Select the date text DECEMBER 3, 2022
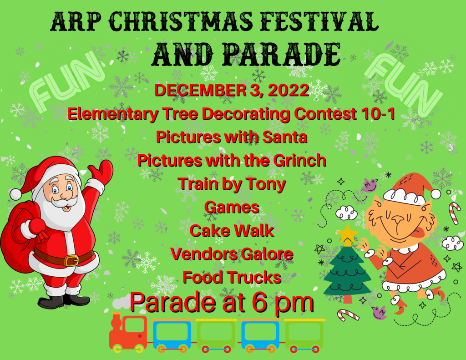pyautogui.click(x=232, y=90)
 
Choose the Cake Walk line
pyautogui.click(x=232, y=230)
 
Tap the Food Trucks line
pyautogui.click(x=232, y=277)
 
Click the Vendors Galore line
pyautogui.click(x=232, y=254)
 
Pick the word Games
pyautogui.click(x=232, y=207)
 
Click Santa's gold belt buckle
pyautogui.click(x=71, y=260)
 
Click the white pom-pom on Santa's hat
pyautogui.click(x=15, y=194)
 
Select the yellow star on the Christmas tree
pyautogui.click(x=347, y=234)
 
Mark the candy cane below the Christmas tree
pyautogui.click(x=348, y=315)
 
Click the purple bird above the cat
pyautogui.click(x=370, y=185)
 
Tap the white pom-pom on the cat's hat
pyautogui.click(x=436, y=194)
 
